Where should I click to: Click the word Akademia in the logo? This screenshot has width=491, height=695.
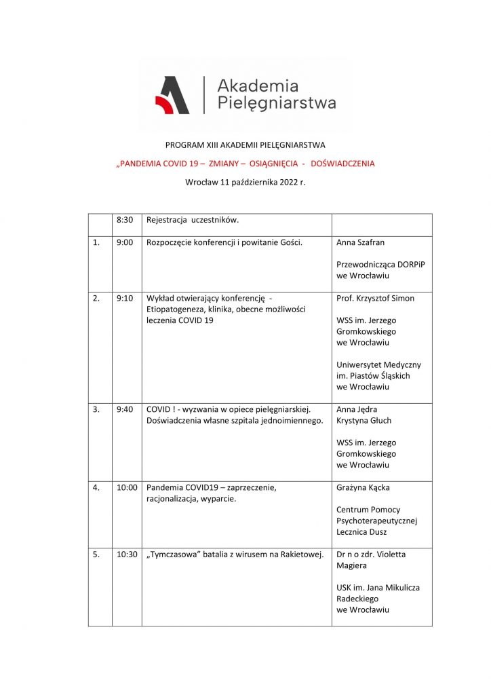(258, 86)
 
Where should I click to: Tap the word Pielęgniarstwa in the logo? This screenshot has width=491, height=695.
(276, 104)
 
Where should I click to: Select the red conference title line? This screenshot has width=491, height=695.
(245, 164)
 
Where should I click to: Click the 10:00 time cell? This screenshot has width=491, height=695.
(127, 487)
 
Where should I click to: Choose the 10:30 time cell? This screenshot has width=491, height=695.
(127, 554)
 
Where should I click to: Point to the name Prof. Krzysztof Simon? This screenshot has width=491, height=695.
(375, 298)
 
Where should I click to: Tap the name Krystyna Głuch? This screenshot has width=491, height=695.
(364, 421)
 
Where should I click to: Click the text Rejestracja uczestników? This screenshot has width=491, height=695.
(193, 220)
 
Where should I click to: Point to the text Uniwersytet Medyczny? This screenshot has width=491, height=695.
(378, 364)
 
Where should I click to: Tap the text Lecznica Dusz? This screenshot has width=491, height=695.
(361, 531)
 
